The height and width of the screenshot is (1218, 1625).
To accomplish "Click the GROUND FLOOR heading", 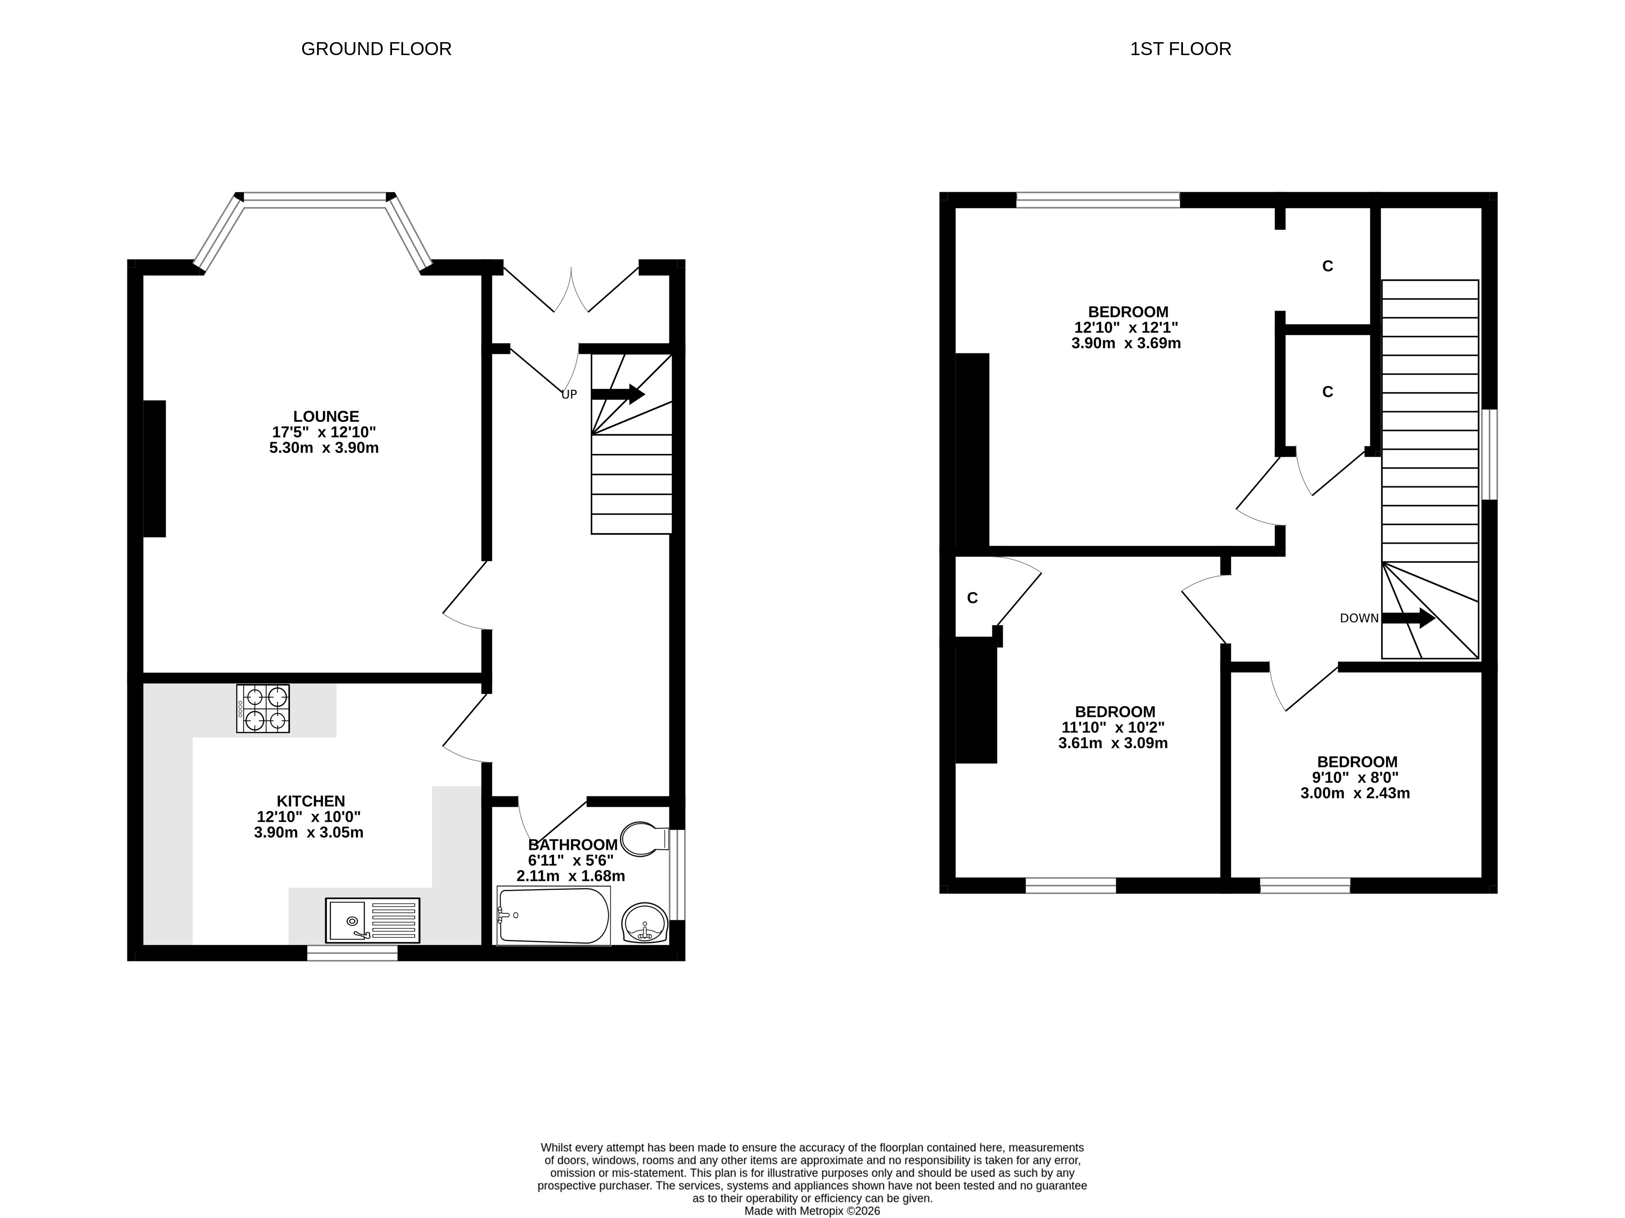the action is (376, 49).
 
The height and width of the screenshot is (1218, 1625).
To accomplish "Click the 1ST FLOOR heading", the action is (1181, 49).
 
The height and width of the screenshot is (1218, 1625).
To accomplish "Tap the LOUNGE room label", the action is (326, 417).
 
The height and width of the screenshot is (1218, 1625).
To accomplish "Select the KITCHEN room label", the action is (311, 801).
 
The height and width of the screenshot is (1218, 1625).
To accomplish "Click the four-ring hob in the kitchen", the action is (263, 709).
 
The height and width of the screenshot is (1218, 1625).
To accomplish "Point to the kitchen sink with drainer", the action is (373, 920).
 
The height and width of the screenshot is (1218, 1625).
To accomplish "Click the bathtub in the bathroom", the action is (554, 916).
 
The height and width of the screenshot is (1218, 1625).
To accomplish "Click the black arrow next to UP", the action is (618, 394).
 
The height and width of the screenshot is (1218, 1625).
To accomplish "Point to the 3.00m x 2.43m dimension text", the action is (1355, 793).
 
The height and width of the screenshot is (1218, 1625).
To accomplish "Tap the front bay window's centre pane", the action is (315, 197).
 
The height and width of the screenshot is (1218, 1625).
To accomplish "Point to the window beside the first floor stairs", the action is (1489, 454).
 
